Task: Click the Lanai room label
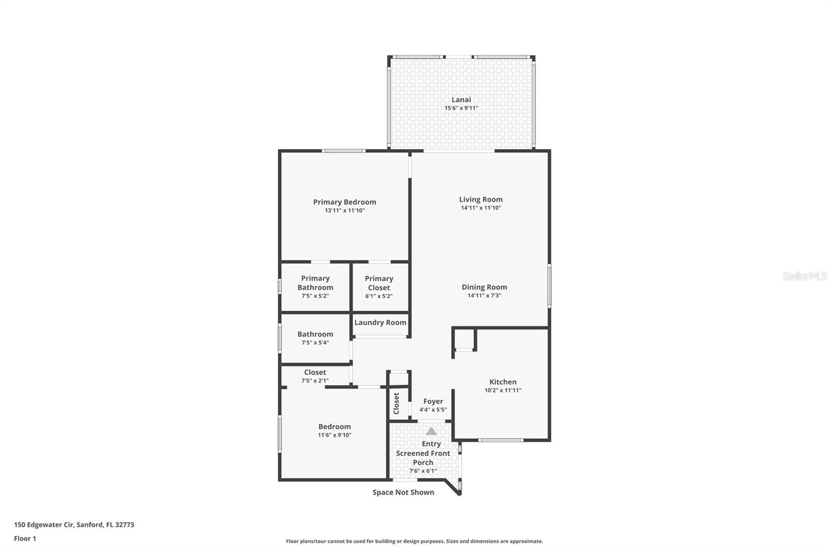pos(461,99)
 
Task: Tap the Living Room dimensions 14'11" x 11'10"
pos(481,208)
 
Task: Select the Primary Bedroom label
pos(345,202)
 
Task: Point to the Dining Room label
pos(484,287)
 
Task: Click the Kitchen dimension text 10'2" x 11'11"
pos(503,390)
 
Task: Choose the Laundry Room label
pos(380,323)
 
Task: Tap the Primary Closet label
pos(379,283)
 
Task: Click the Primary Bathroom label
pos(315,283)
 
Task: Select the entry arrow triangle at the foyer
pos(431,431)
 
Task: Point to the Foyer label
pos(433,401)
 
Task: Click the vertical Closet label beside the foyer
pos(396,403)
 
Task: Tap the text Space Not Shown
pos(403,492)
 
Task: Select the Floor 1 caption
pos(25,539)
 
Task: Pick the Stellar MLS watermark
pos(804,276)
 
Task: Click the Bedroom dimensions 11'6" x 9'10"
pos(335,435)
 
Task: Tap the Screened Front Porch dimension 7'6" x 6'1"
pos(423,471)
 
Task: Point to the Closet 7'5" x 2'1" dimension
pos(315,381)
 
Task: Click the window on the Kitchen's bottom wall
pos(501,440)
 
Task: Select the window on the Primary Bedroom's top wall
pos(343,151)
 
